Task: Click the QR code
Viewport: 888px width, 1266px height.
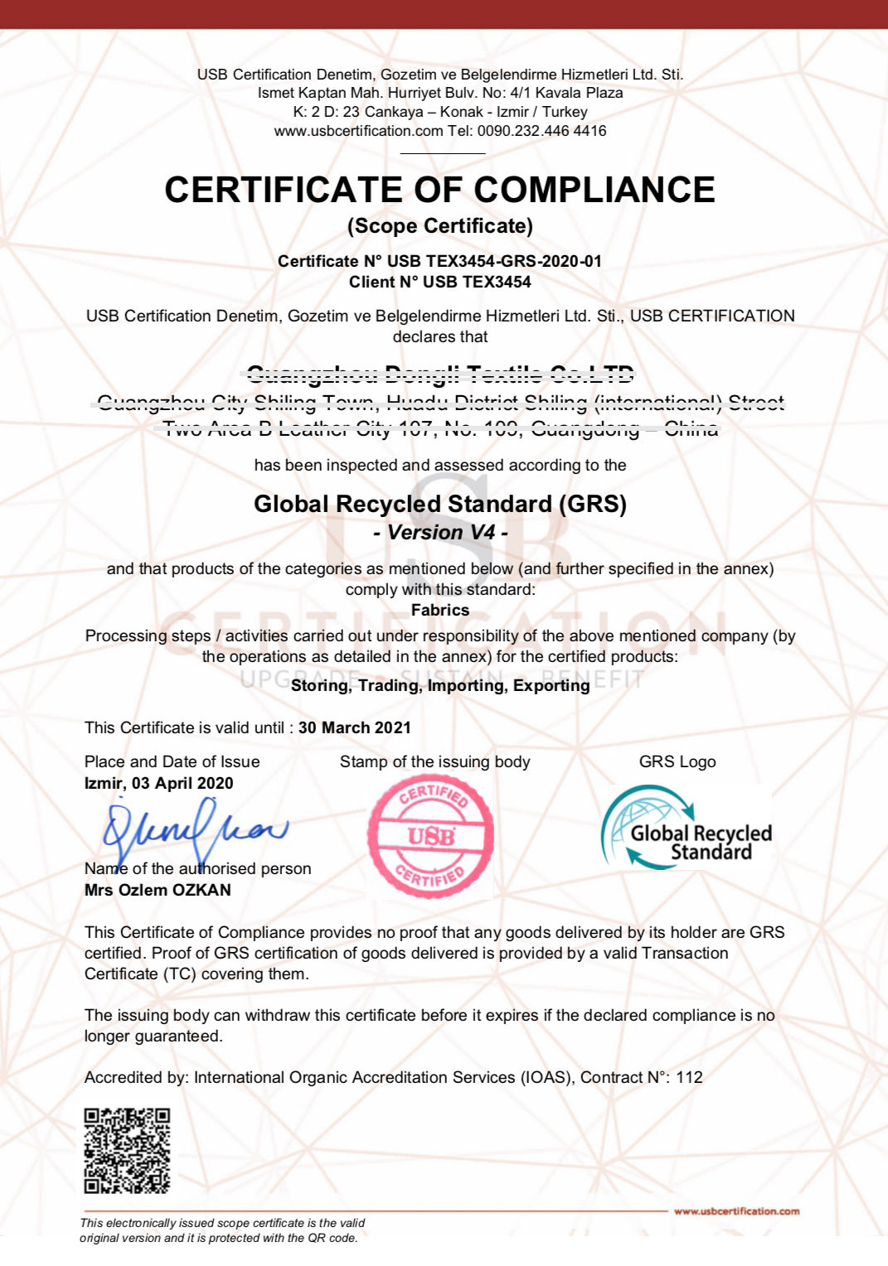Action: pos(127,1150)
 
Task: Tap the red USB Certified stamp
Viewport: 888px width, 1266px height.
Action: pos(430,837)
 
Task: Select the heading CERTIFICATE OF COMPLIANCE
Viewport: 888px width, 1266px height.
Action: pos(439,190)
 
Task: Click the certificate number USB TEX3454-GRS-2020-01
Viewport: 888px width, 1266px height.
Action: pos(494,261)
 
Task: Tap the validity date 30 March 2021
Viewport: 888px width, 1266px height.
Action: pos(355,727)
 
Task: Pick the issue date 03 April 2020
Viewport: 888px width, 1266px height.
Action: pos(182,783)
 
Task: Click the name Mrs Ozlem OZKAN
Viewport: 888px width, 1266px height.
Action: pos(158,890)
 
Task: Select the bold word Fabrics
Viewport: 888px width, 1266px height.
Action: pos(440,610)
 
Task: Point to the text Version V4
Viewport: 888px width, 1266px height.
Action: pos(440,532)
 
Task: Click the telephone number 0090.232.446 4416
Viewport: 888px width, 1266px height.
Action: pos(541,131)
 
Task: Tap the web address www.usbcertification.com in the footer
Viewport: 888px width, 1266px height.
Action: pos(736,1211)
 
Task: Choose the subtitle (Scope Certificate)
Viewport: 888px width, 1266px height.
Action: pos(440,225)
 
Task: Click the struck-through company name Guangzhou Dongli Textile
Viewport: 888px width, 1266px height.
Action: pos(440,374)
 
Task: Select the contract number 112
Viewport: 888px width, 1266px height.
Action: pos(689,1077)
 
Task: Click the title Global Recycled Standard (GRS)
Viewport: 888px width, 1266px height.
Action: pos(440,504)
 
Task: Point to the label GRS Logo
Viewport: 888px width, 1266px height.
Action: pos(677,761)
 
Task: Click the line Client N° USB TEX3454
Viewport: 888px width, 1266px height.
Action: pos(440,282)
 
